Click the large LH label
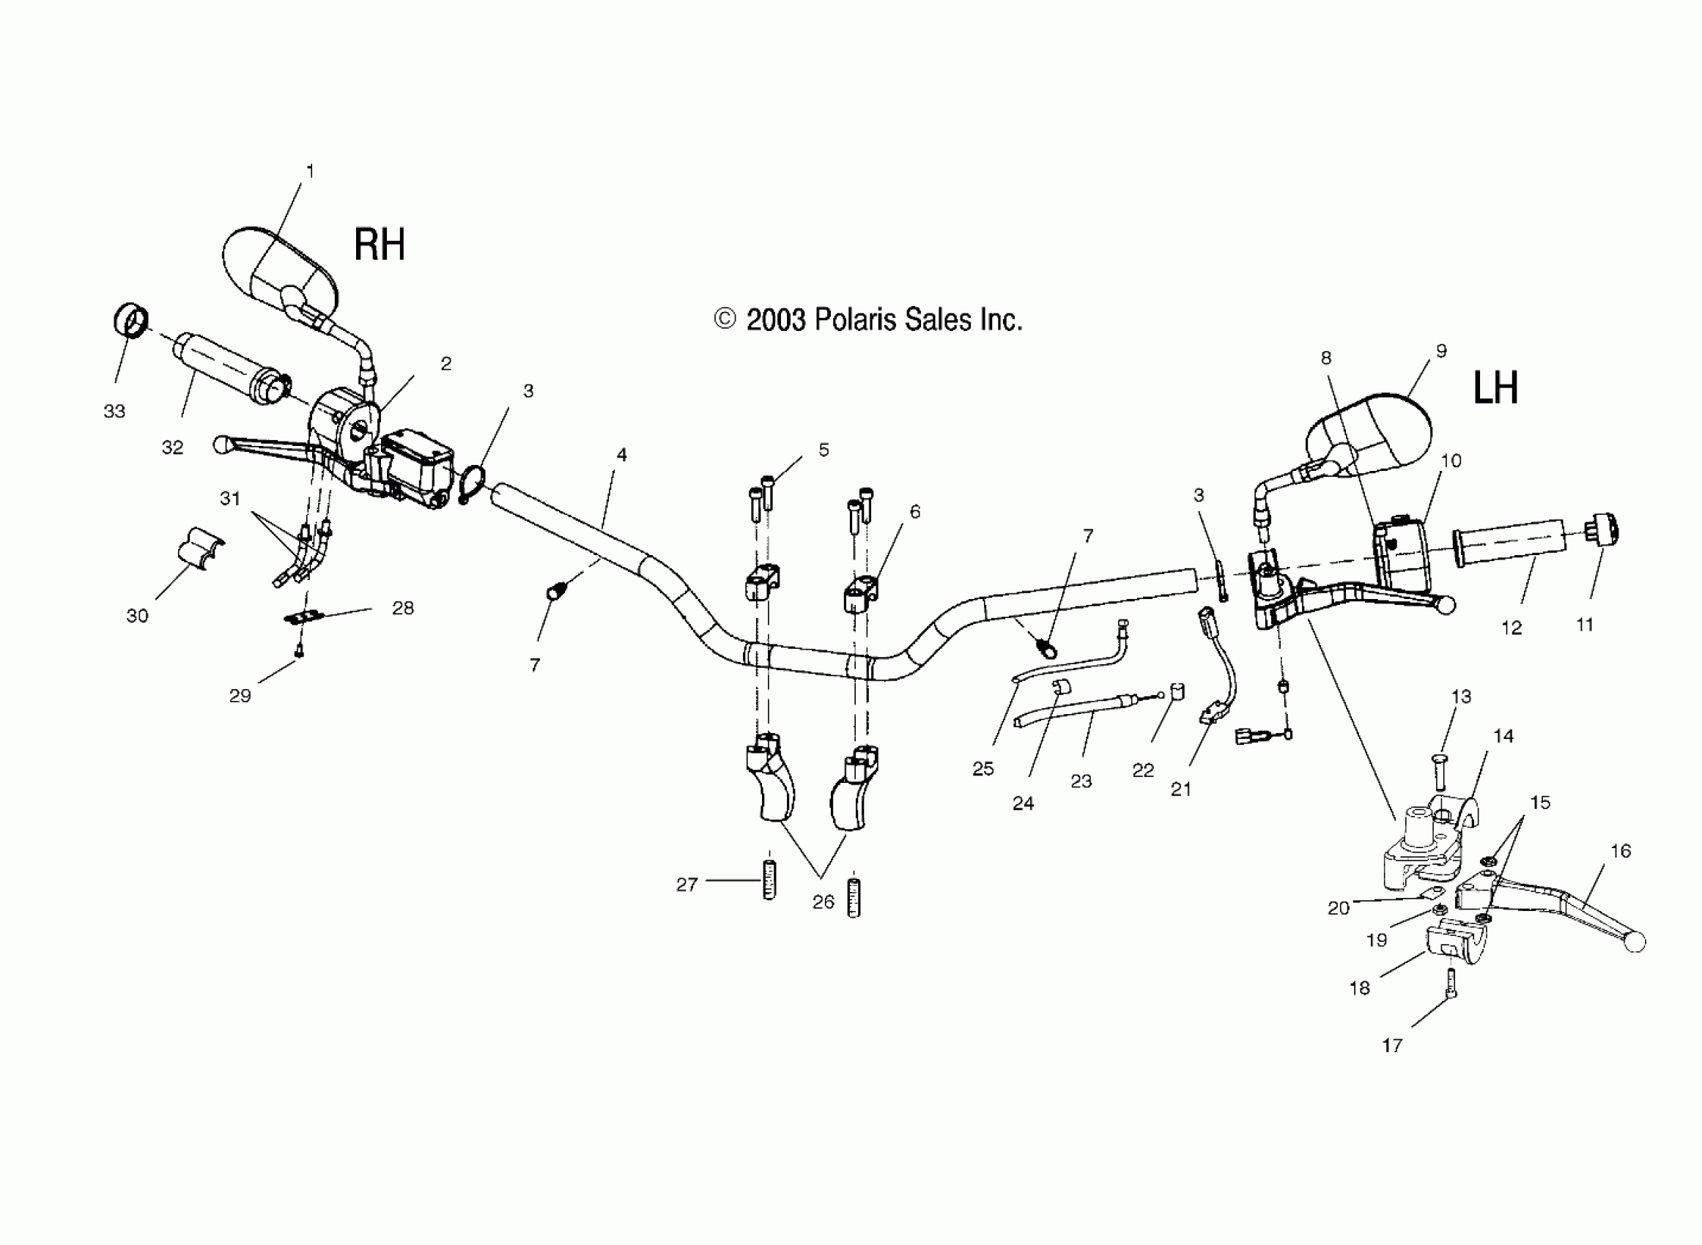[1495, 389]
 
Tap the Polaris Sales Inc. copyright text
[868, 320]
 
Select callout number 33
[114, 411]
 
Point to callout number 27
[687, 884]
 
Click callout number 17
[1392, 1045]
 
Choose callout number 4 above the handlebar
[621, 455]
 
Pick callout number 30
[137, 616]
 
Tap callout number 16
[1621, 851]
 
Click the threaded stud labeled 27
[769, 880]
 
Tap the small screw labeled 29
[299, 650]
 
